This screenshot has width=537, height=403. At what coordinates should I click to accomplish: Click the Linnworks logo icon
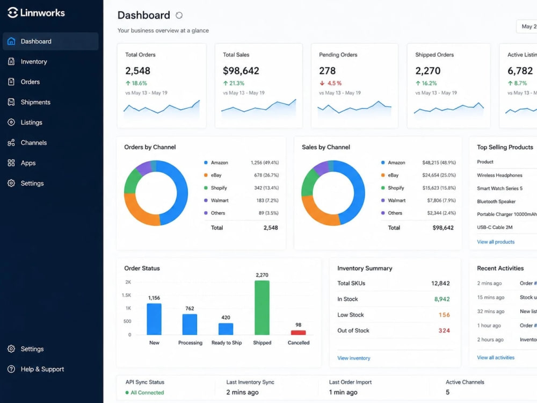(x=13, y=13)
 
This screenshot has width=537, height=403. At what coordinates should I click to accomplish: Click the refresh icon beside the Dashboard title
(x=179, y=16)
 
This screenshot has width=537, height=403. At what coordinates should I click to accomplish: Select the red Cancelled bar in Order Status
(x=298, y=333)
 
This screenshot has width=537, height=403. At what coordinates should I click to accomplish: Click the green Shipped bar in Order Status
(x=262, y=308)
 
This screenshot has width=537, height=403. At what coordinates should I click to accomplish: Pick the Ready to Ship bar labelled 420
(x=226, y=329)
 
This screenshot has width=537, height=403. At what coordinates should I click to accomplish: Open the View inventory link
(x=354, y=358)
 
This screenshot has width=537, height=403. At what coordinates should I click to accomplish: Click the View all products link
(x=496, y=242)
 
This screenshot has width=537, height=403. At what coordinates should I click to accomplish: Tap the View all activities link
(x=496, y=357)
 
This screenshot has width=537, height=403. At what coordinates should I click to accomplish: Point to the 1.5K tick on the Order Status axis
(x=126, y=295)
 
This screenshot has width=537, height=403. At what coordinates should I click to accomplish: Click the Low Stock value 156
(x=444, y=315)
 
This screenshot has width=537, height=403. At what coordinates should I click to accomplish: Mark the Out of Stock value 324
(x=444, y=330)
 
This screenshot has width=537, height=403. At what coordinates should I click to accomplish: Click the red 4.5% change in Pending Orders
(x=330, y=83)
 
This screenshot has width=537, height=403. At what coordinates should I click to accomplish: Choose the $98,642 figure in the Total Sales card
(x=241, y=71)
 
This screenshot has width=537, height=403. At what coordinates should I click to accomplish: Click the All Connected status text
(x=147, y=393)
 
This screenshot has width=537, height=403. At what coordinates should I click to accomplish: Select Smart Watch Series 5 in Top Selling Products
(x=499, y=189)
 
